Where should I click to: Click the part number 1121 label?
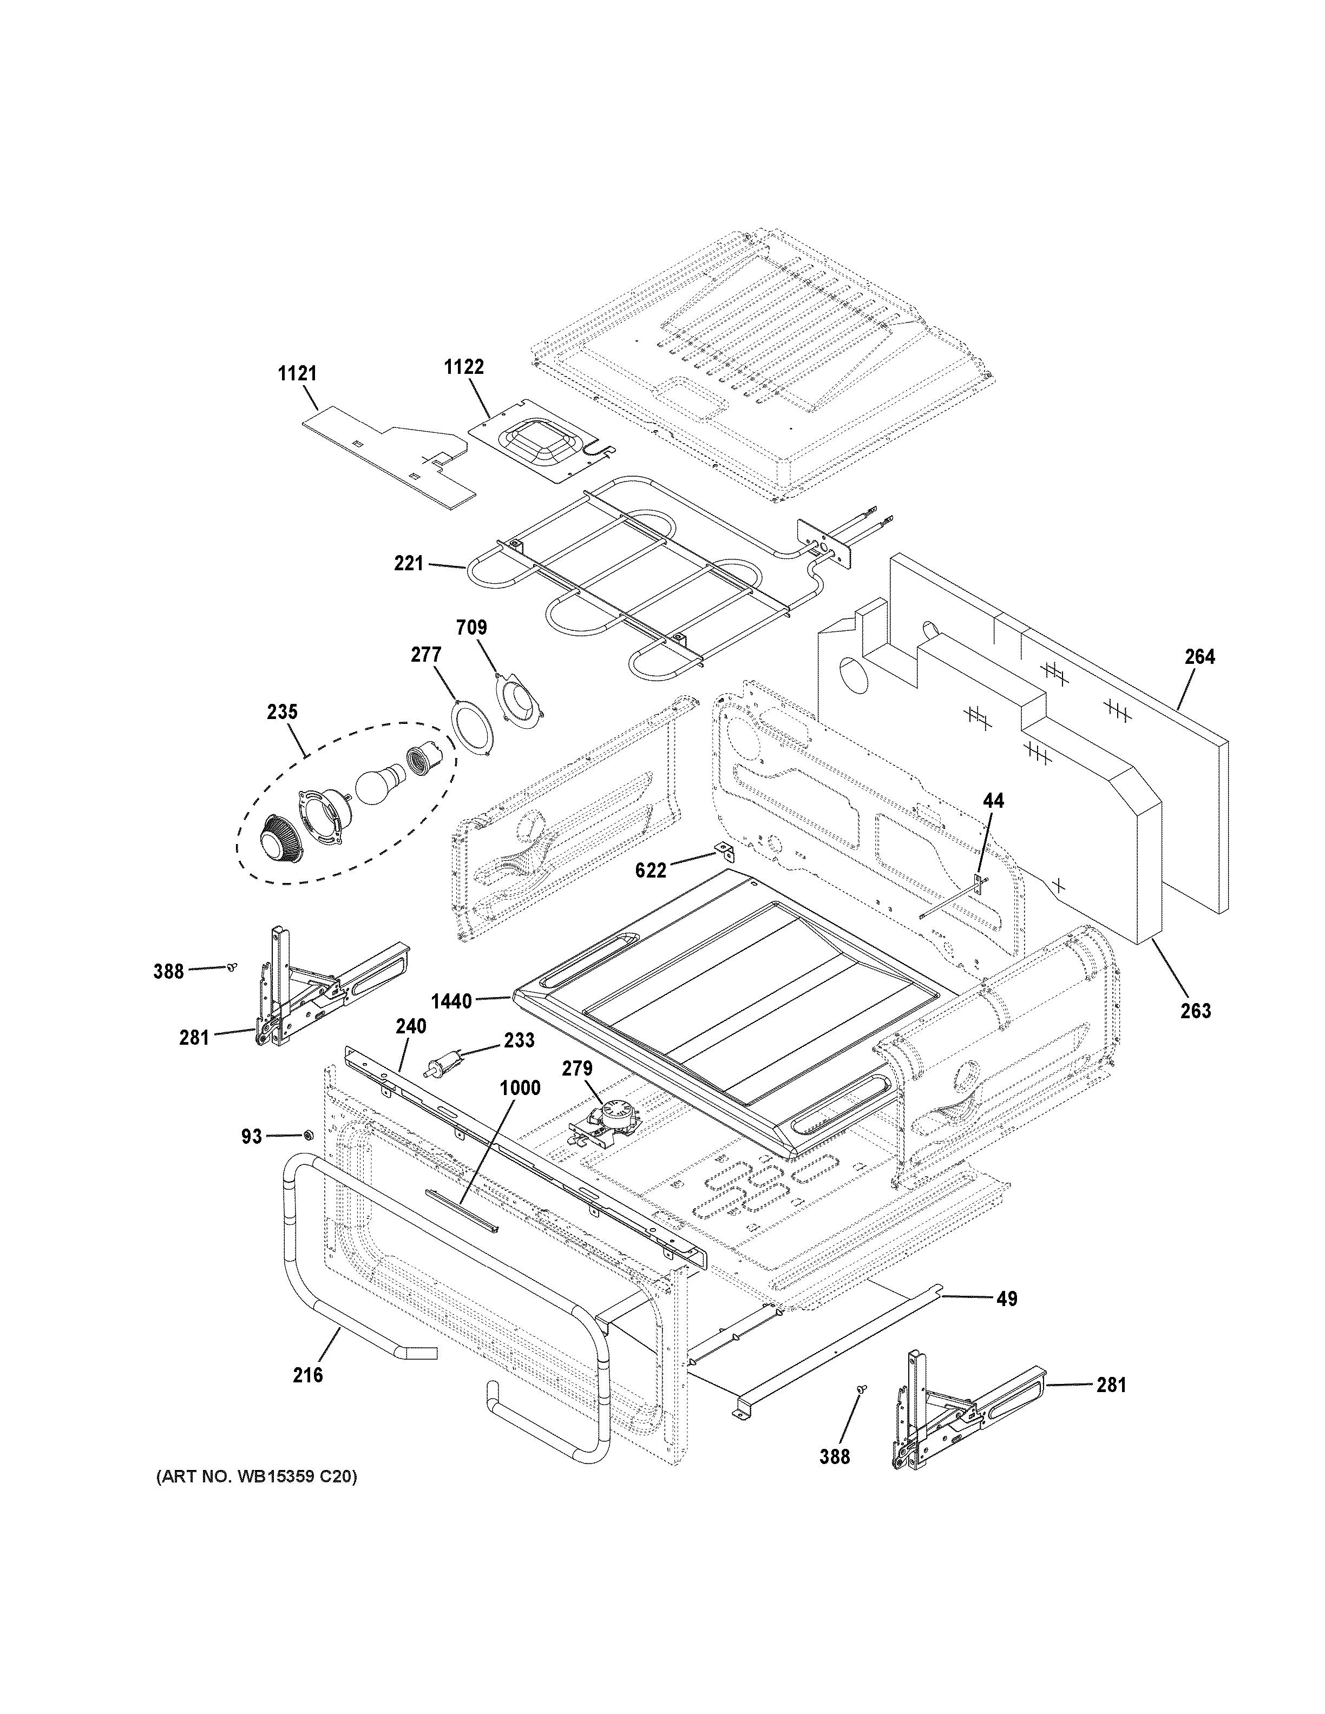click(x=298, y=373)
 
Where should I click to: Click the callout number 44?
click(x=993, y=801)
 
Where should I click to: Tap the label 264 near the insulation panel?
click(x=1199, y=657)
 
